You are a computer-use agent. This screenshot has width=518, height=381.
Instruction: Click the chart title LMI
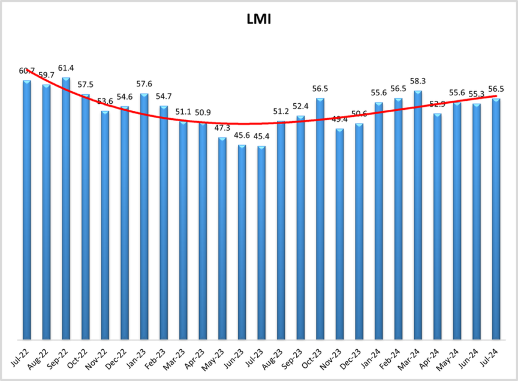(259, 19)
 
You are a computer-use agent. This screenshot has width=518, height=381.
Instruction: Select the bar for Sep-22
(66, 210)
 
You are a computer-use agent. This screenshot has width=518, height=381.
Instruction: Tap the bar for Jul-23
(261, 243)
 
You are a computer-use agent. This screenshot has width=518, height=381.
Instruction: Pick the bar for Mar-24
(418, 216)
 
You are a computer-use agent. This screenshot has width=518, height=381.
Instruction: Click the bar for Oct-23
(320, 220)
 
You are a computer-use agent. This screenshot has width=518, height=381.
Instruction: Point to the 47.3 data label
(222, 128)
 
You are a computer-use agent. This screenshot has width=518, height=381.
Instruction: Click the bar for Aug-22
(46, 213)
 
